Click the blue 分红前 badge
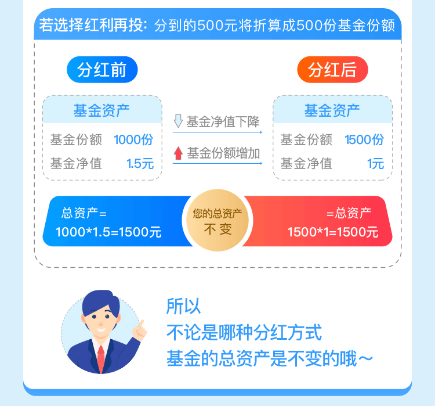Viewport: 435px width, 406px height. coord(102,70)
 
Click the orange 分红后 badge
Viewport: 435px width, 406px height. coord(332,70)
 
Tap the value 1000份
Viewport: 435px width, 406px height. coord(133,140)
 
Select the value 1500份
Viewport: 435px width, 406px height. coord(364,140)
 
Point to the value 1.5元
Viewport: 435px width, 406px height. coord(140,163)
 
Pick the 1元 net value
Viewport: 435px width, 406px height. coord(375,163)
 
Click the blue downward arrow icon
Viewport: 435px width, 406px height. coord(179,121)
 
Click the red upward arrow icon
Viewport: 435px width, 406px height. coord(179,153)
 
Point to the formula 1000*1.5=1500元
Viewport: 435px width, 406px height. coord(108,232)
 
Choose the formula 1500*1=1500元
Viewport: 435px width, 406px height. coord(333,232)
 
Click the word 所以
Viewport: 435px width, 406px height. coord(183,306)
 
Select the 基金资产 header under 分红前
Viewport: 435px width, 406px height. coord(101,110)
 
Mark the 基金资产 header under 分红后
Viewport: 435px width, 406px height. coord(332,110)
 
